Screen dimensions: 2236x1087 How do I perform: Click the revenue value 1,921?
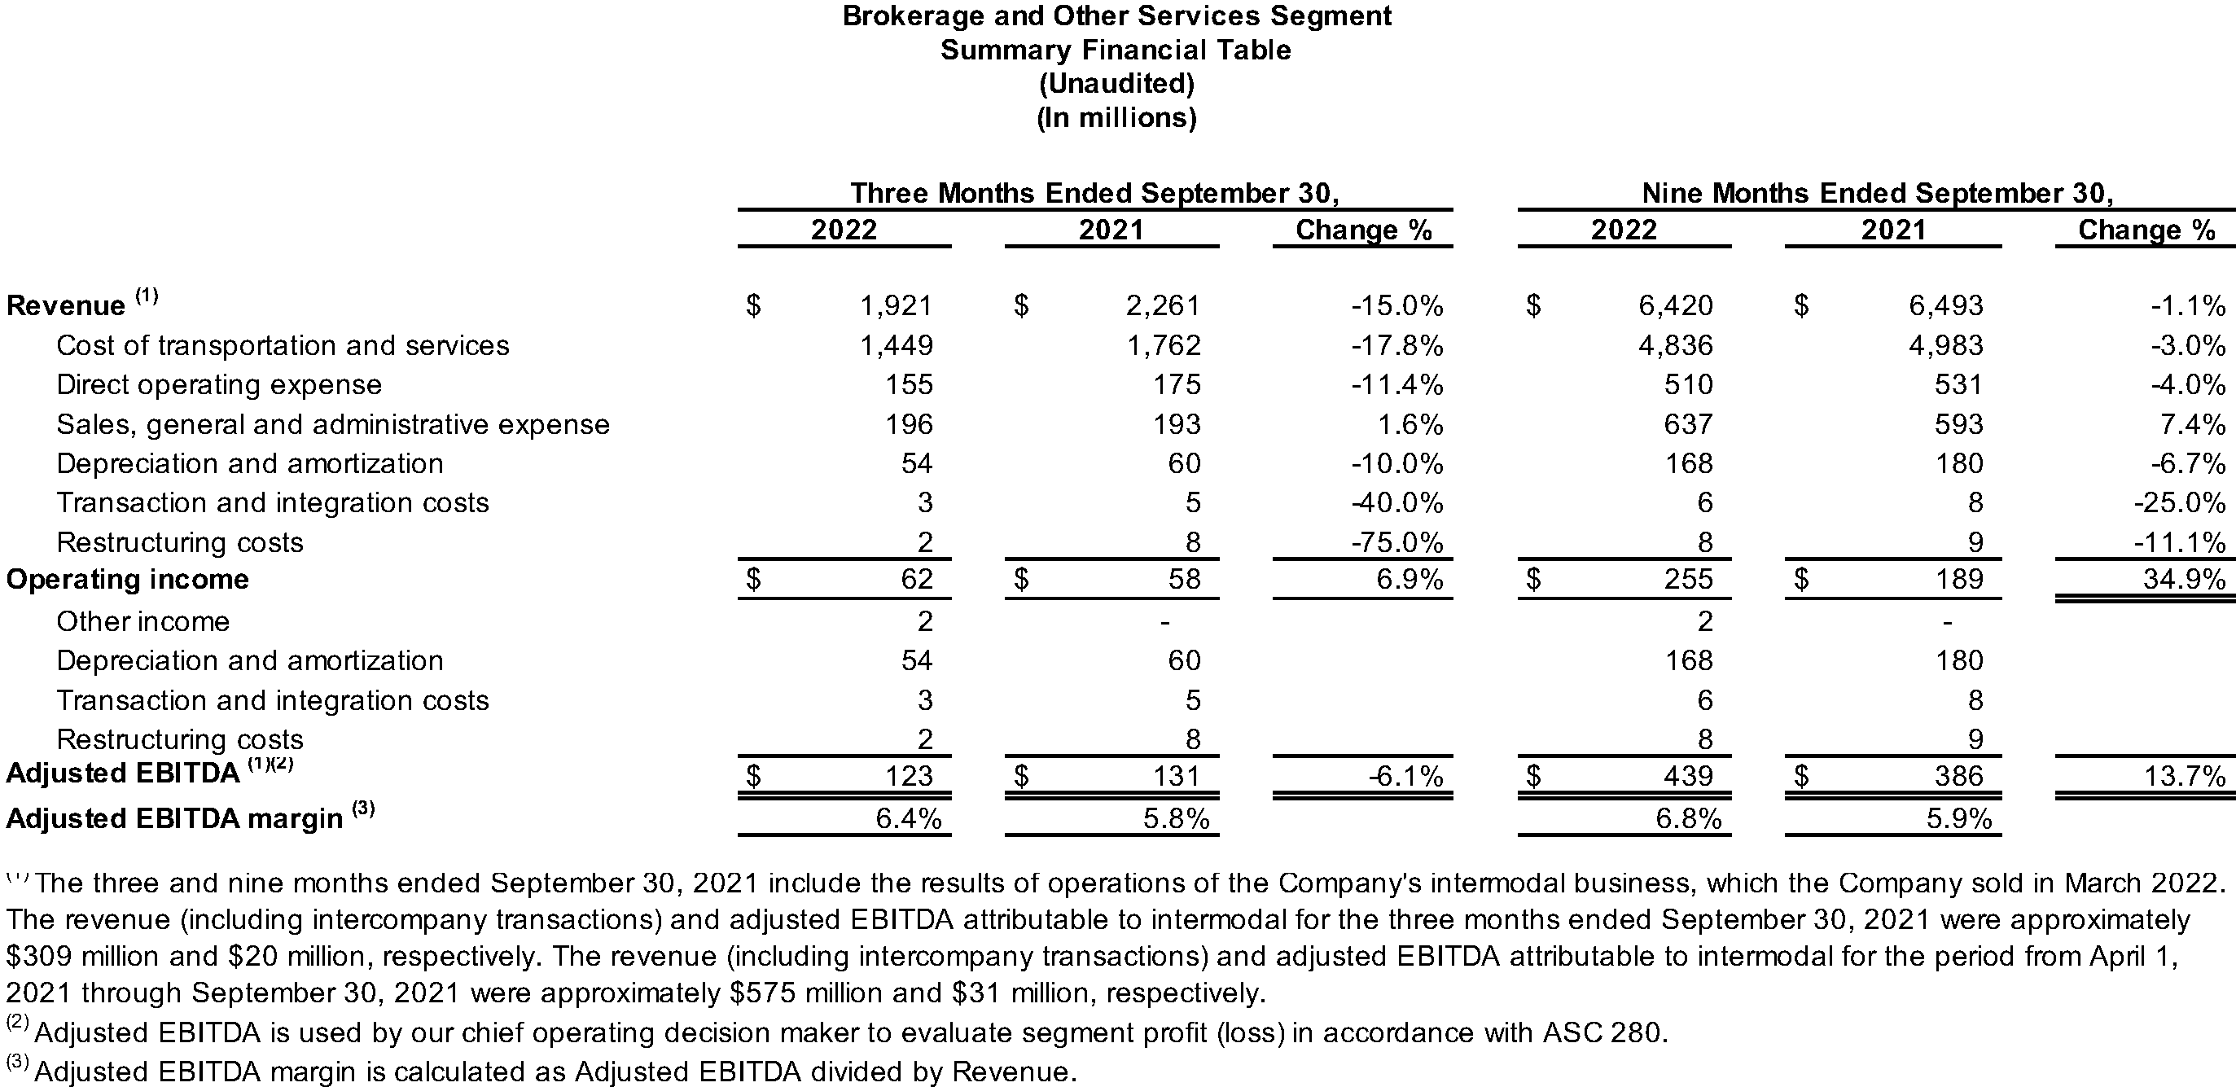(896, 305)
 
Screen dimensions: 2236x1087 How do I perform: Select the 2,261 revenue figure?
(1163, 305)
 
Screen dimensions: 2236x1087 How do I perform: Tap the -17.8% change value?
(1396, 345)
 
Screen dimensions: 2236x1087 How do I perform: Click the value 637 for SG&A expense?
(1688, 424)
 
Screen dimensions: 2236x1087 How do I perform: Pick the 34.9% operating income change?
(2184, 579)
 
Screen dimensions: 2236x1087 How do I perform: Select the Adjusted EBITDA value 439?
(1688, 775)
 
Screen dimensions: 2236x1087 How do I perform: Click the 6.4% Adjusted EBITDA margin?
(908, 819)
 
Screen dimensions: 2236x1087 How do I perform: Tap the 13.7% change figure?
(2184, 775)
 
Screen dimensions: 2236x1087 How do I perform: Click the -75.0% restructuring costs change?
(1396, 542)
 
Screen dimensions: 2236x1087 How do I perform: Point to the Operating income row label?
(128, 579)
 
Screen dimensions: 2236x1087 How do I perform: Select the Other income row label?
(143, 621)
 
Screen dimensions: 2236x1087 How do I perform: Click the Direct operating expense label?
(219, 384)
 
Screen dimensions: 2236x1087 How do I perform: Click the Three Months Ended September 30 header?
(1094, 193)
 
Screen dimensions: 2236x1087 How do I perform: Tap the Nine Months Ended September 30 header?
(1878, 193)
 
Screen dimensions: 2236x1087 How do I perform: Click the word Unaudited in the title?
(1116, 83)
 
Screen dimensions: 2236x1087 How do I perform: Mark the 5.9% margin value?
(1959, 819)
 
